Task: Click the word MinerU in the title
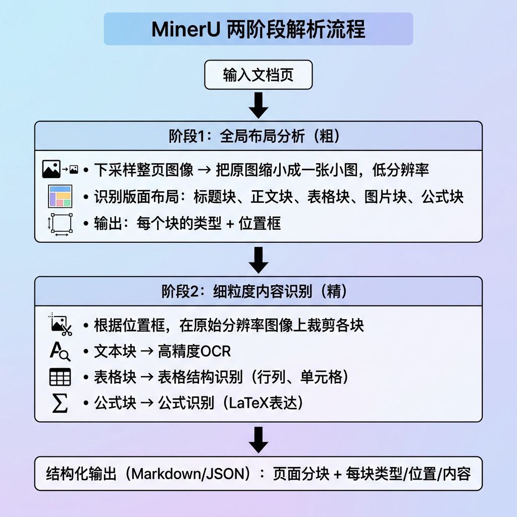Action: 186,29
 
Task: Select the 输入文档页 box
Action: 258,75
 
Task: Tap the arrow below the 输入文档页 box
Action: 258,105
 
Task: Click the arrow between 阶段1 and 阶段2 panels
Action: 258,260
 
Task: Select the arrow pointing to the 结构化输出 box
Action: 258,440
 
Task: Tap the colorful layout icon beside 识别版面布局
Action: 60,196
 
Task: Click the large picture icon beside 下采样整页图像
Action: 51,169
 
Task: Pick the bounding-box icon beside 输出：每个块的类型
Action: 61,224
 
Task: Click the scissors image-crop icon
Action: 61,325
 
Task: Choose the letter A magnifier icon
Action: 60,351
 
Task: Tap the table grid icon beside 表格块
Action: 60,377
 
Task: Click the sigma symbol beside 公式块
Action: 60,403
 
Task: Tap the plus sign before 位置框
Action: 230,224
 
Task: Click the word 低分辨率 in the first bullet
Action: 400,170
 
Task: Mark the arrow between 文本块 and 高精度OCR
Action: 147,351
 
